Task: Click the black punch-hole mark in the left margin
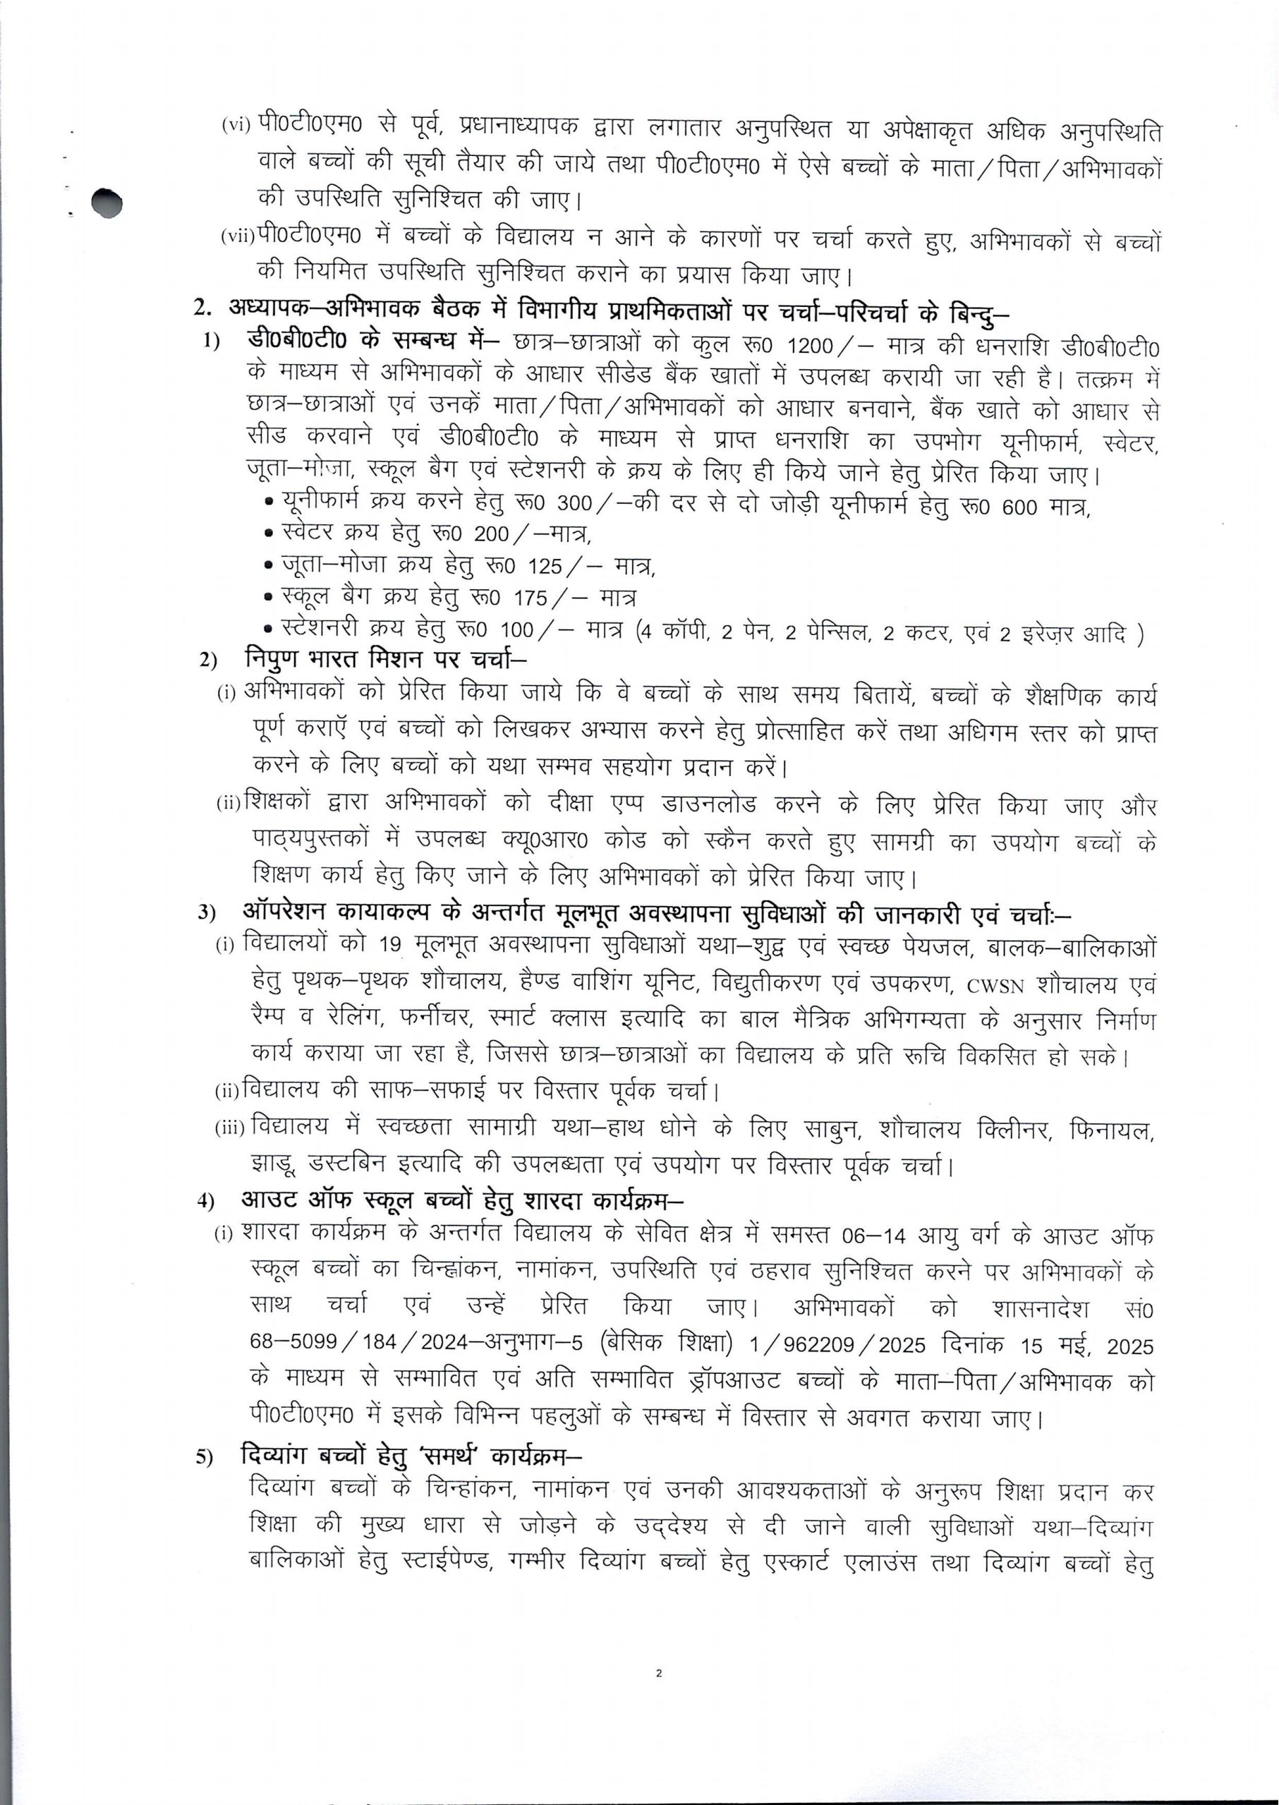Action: click(107, 203)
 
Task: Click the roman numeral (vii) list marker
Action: click(238, 238)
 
